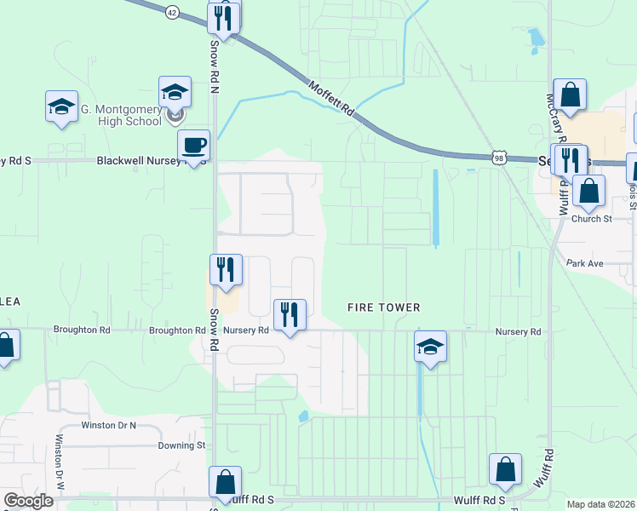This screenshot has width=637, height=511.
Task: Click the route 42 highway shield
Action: tap(173, 13)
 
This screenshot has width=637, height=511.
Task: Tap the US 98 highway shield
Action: tap(498, 158)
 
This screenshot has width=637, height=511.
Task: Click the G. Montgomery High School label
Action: tap(121, 115)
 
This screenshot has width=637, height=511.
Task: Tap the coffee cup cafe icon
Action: tap(194, 146)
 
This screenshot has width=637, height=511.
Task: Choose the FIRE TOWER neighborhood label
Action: tap(384, 307)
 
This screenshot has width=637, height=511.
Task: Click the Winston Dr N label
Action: tap(108, 424)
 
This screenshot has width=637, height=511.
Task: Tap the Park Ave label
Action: tap(584, 264)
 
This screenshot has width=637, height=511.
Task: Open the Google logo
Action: tap(28, 501)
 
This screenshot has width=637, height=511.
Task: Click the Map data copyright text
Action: tap(601, 504)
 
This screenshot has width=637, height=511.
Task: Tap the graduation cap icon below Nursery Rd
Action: tap(431, 347)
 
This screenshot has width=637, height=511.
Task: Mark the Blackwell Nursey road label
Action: tap(137, 160)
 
